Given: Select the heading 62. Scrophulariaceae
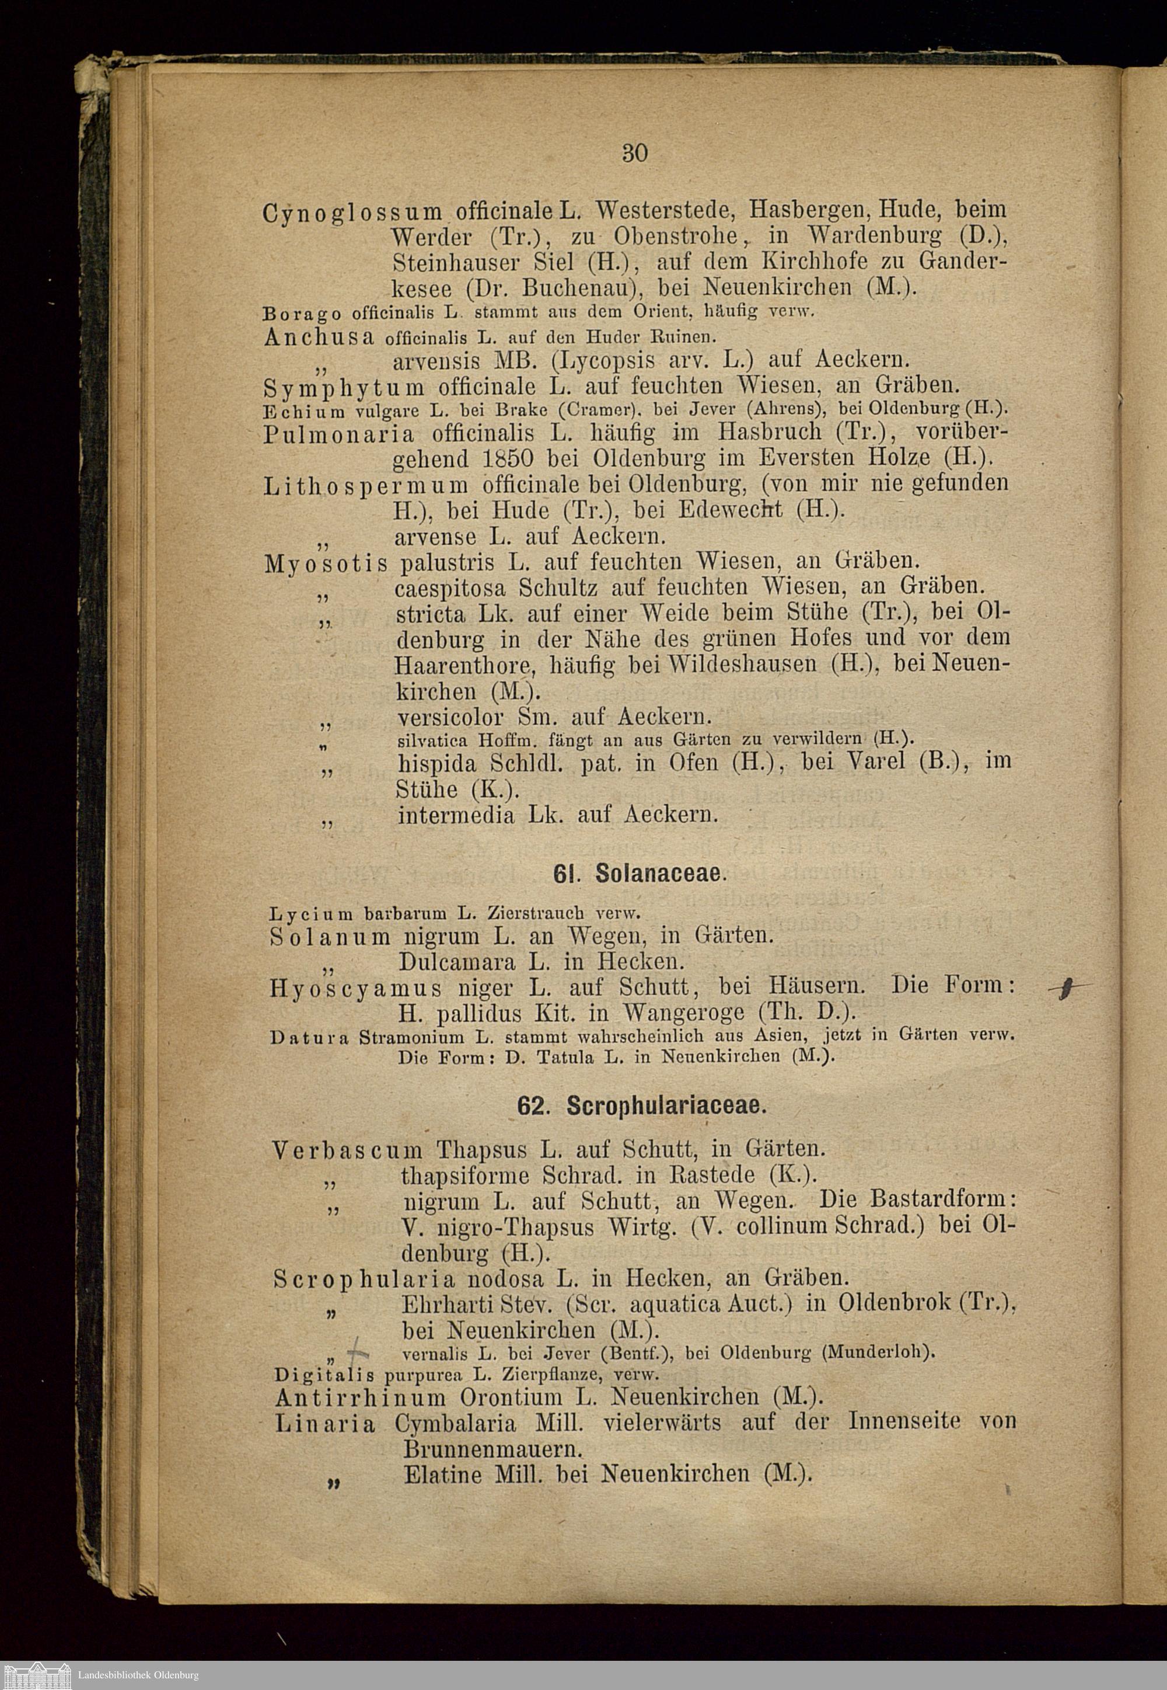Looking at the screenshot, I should (x=641, y=1106).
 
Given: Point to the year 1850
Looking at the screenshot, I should (x=509, y=459).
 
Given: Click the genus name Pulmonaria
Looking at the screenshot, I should (x=338, y=434).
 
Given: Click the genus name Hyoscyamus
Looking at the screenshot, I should (x=355, y=989).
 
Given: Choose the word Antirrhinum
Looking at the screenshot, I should (x=361, y=1398).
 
